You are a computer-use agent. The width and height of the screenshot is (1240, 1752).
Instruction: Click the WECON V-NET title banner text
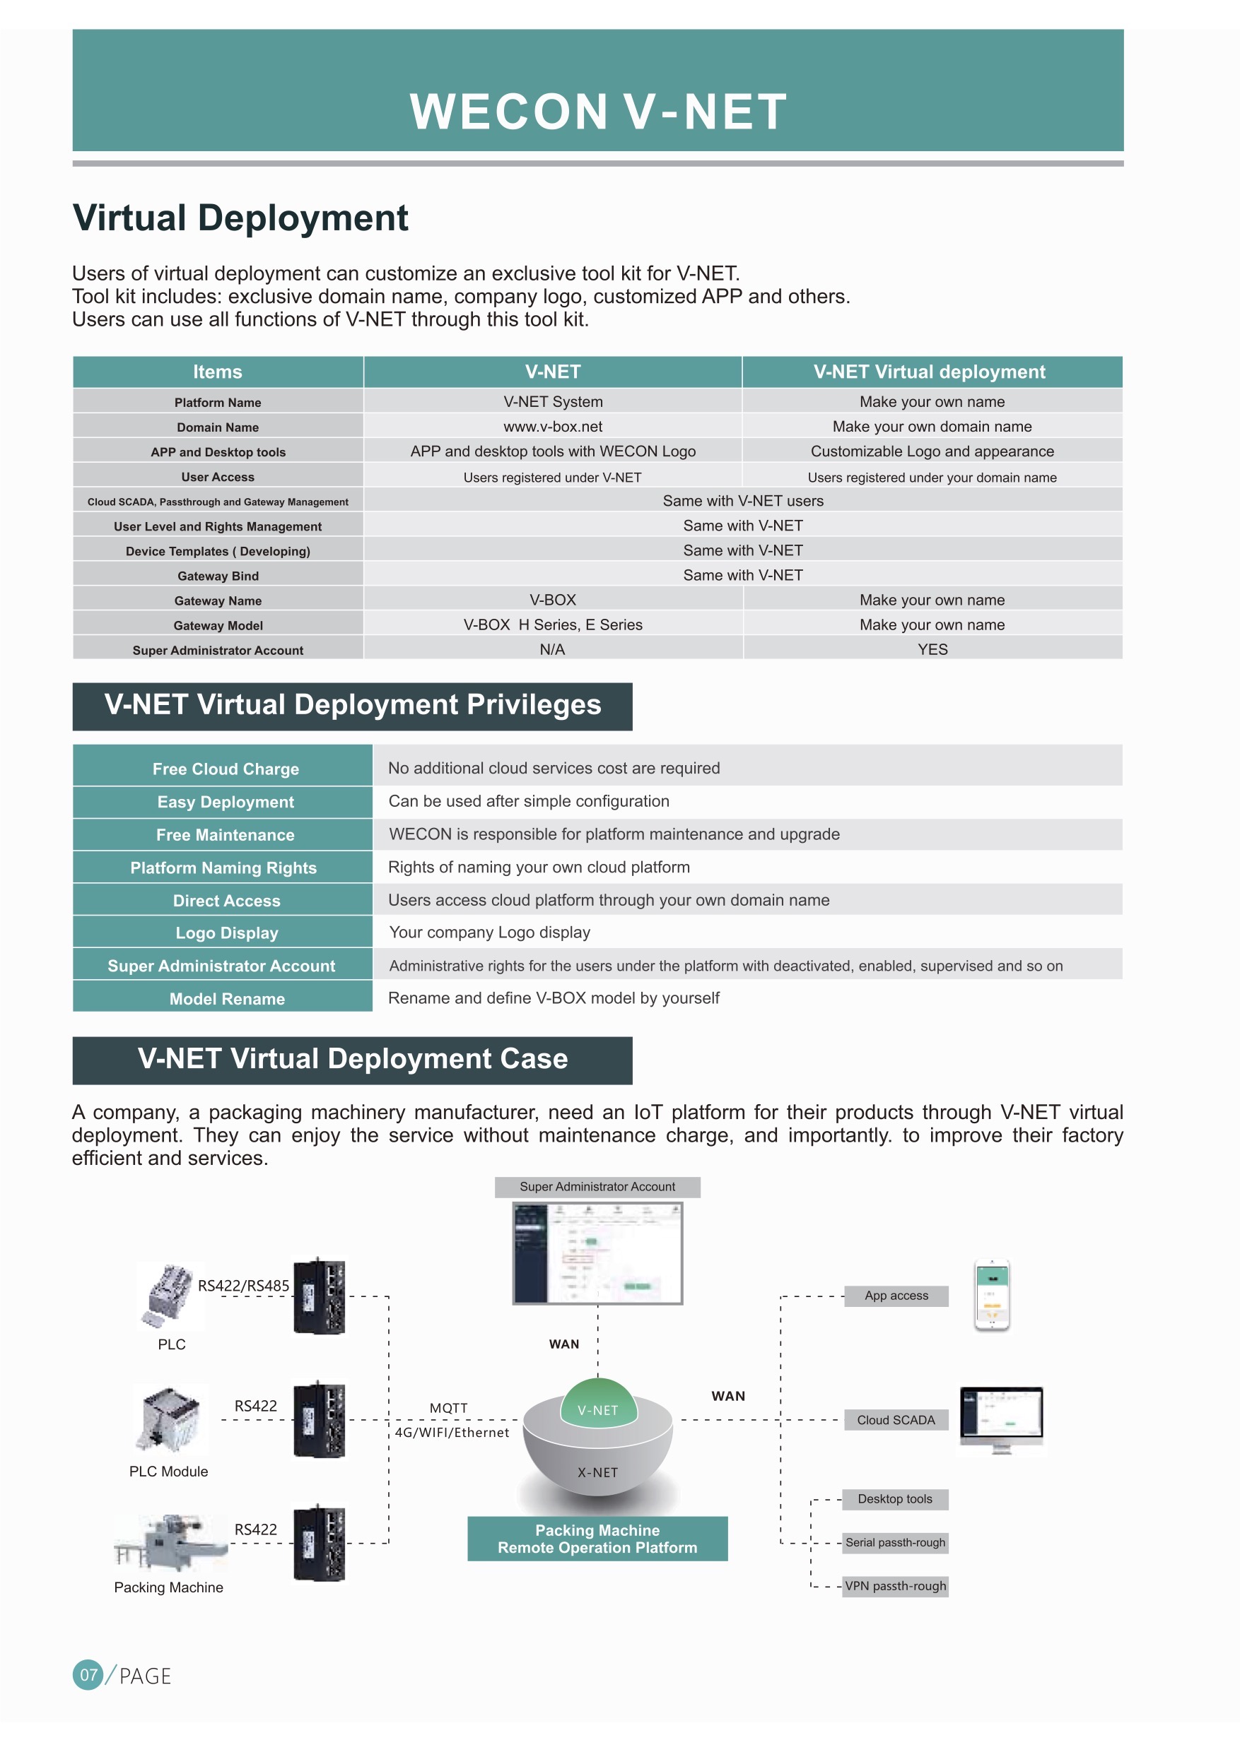(x=598, y=112)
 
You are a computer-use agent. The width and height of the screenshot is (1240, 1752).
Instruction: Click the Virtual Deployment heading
(x=240, y=218)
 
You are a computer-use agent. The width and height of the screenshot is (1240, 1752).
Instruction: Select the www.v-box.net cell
(x=553, y=427)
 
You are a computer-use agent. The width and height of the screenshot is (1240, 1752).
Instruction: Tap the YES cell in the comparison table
(x=932, y=649)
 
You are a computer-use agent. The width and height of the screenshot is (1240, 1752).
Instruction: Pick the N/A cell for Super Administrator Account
(x=552, y=649)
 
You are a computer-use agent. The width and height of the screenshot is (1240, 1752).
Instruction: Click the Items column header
(x=218, y=372)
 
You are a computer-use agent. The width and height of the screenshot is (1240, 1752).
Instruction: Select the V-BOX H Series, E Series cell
(x=553, y=625)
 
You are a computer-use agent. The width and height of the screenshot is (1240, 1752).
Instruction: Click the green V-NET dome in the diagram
(x=599, y=1402)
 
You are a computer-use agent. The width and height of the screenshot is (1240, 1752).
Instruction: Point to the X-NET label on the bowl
(x=598, y=1473)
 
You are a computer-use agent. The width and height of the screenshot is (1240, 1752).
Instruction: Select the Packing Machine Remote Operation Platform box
(x=597, y=1539)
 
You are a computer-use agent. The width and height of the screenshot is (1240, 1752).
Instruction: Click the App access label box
(x=896, y=1296)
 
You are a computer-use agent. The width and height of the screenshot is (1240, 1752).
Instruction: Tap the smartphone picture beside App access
(x=992, y=1296)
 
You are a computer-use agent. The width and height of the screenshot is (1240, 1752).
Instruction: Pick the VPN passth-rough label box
(x=895, y=1587)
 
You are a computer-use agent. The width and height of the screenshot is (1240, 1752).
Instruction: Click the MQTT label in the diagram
(x=448, y=1408)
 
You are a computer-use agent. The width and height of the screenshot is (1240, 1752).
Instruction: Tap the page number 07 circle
(x=88, y=1675)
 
